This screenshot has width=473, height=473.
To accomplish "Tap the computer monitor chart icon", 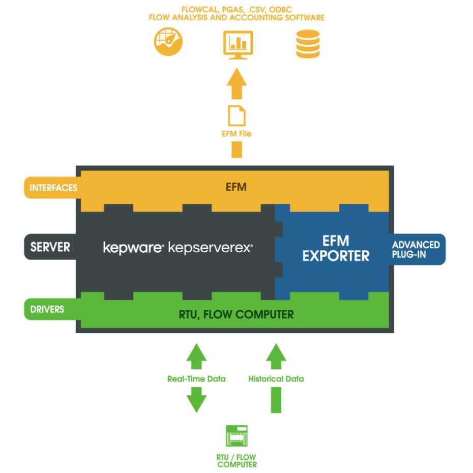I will click(x=238, y=44).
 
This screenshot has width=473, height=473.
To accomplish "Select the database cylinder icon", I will click(x=308, y=44).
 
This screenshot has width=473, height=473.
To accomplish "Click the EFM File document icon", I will click(x=236, y=115).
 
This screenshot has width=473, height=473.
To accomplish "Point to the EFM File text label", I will click(x=236, y=134).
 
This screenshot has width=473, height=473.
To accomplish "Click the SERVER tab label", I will click(x=50, y=247).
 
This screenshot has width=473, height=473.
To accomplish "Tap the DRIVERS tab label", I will click(x=47, y=309).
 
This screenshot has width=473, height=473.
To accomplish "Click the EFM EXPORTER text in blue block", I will click(x=336, y=248).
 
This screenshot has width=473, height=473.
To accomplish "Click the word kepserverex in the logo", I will click(x=210, y=248).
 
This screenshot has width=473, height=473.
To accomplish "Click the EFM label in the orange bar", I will click(x=236, y=187).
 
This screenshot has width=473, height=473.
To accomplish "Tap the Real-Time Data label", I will click(x=196, y=378).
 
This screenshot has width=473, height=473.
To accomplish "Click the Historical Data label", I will click(x=276, y=378).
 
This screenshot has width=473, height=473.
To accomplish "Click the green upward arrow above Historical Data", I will click(x=276, y=356).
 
